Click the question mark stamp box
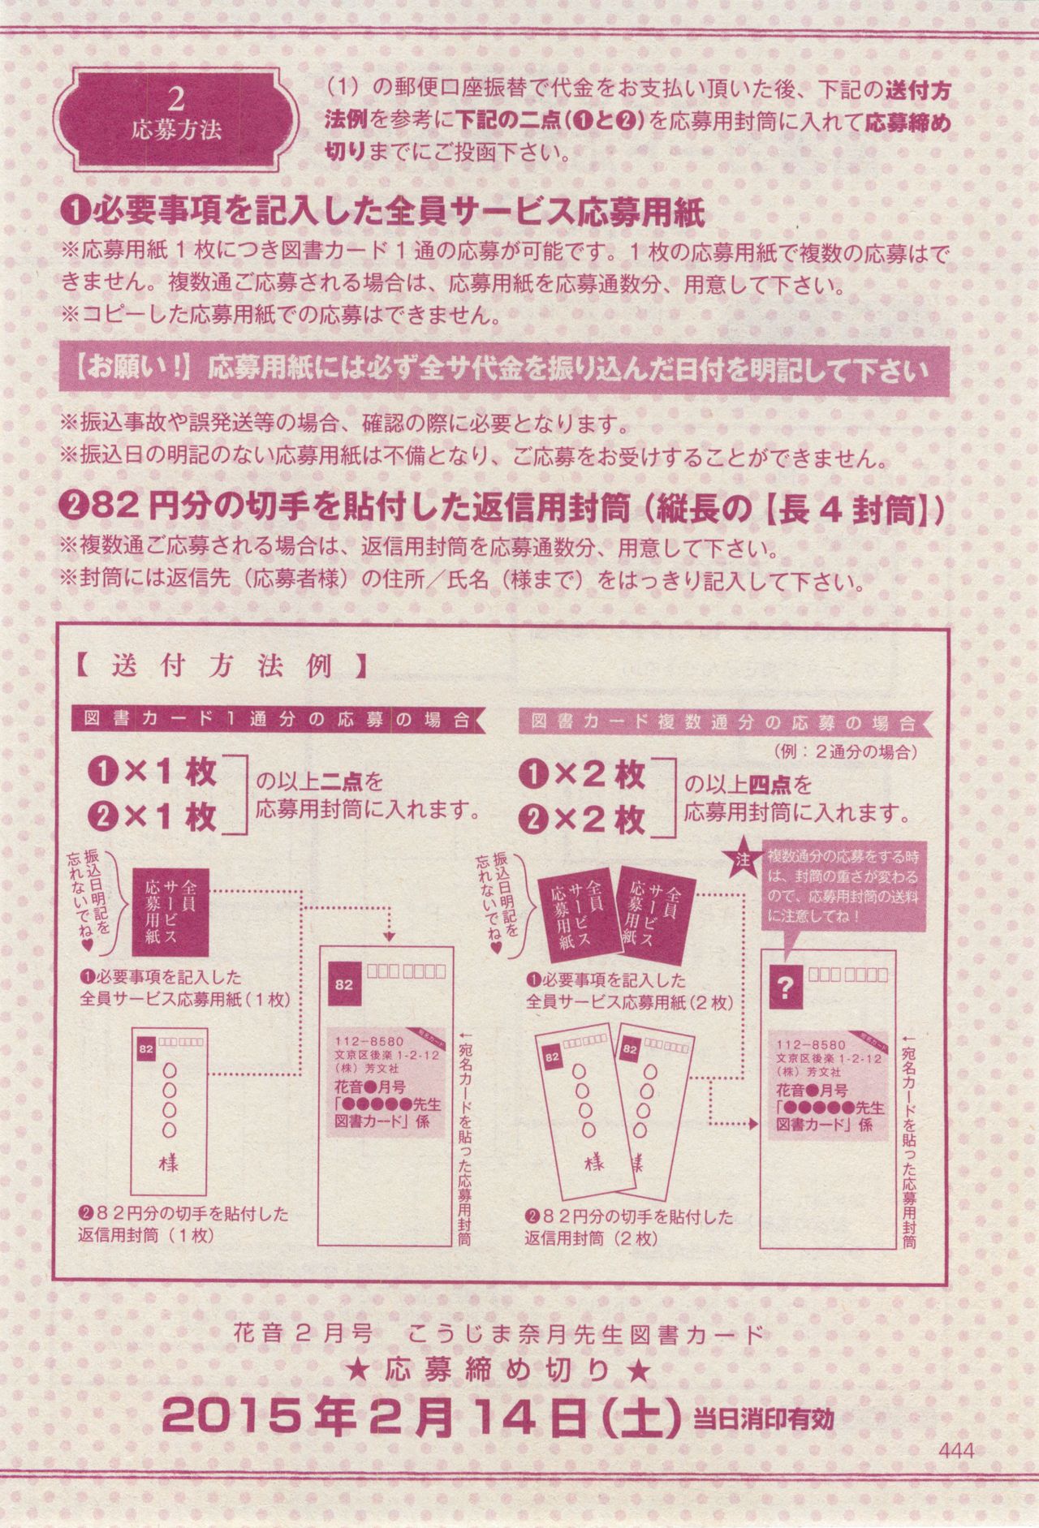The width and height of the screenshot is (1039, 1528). (784, 987)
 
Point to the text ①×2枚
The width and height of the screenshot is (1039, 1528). (584, 777)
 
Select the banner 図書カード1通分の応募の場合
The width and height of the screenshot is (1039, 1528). (276, 720)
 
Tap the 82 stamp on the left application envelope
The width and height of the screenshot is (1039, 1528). (344, 984)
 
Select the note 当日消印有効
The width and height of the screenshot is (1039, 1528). (762, 1419)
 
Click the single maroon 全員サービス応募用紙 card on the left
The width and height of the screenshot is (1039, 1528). (170, 910)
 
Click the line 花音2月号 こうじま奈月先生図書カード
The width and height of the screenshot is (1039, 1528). (498, 1333)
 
